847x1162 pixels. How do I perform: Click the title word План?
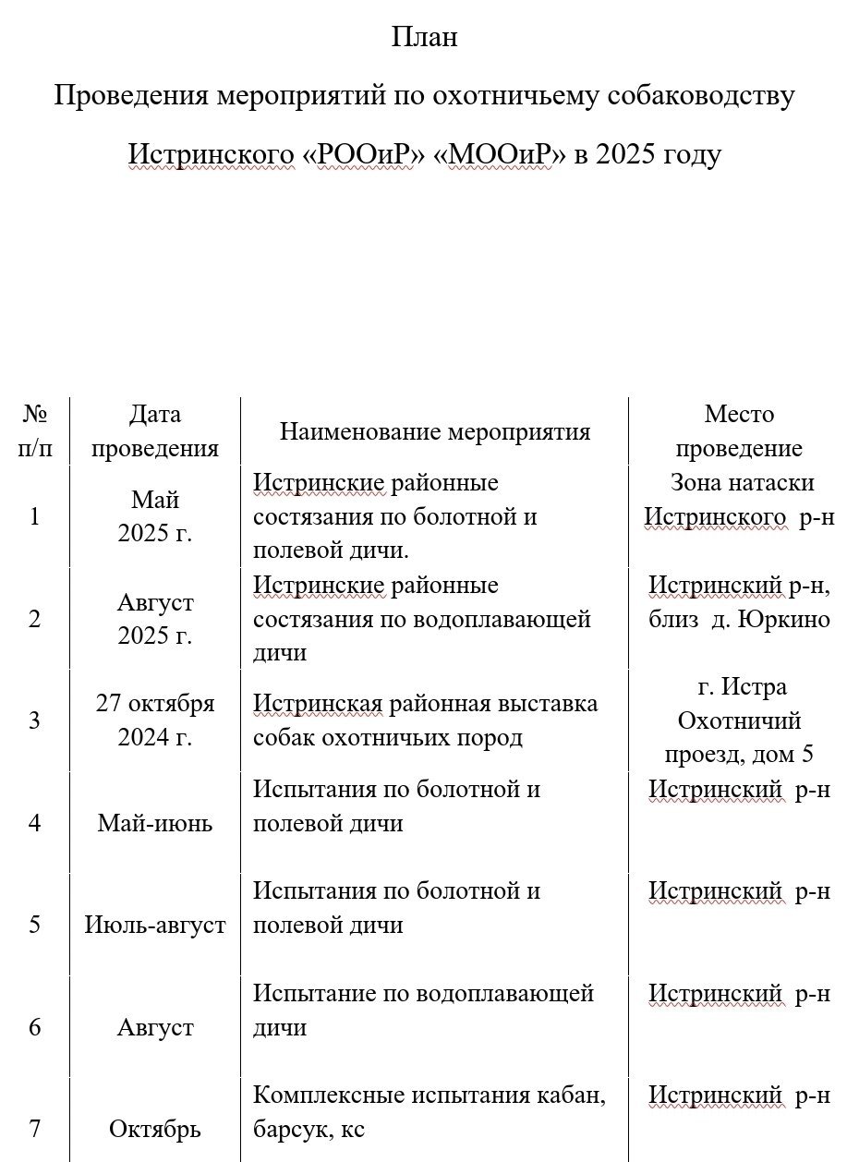(424, 38)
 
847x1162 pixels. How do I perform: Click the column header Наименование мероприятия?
(434, 432)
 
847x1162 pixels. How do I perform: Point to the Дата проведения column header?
(155, 431)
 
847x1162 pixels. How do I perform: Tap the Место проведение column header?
(738, 431)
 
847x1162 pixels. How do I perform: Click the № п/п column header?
(35, 431)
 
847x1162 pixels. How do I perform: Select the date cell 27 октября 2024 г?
(155, 720)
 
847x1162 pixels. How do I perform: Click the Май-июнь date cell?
(155, 823)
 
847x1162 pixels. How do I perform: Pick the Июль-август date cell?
(155, 925)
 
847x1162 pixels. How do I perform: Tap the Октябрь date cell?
(155, 1129)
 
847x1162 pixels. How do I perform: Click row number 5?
(35, 925)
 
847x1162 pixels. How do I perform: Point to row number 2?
(35, 619)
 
